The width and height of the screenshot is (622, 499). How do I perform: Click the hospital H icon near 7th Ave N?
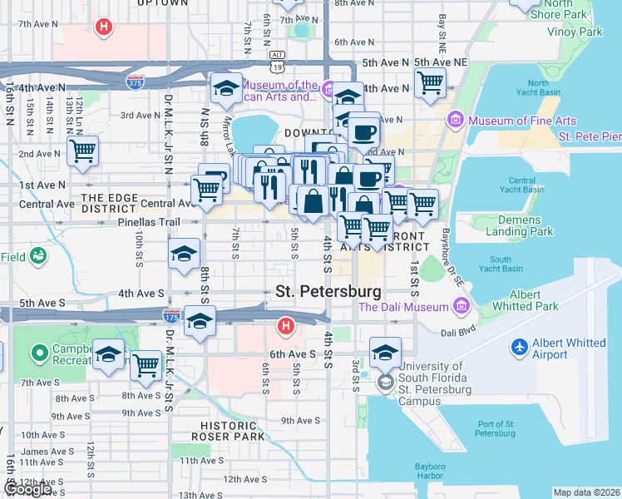(x=103, y=27)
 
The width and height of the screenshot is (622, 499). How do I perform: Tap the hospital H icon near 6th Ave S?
(x=286, y=325)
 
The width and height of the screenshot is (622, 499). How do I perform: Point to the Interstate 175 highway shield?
(x=169, y=313)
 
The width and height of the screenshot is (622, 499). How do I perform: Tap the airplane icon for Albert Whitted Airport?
(x=521, y=346)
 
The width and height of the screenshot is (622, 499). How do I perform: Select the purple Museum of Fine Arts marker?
(x=455, y=121)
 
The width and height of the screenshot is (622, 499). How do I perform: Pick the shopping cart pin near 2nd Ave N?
(x=83, y=151)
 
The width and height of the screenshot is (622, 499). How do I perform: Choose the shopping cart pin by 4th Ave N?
(x=430, y=82)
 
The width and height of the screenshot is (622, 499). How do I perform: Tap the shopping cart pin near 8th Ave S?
(x=146, y=365)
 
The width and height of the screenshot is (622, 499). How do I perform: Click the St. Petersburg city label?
(x=328, y=292)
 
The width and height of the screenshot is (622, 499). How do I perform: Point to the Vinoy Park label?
(x=574, y=32)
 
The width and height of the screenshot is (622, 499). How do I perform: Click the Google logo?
(x=27, y=489)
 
